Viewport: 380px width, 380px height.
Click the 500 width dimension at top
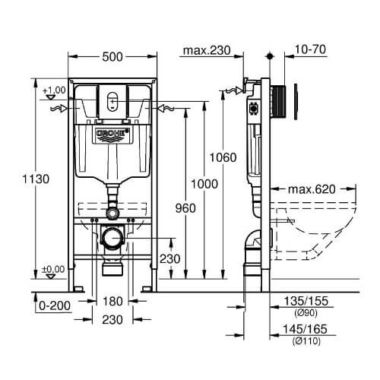click(x=112, y=57)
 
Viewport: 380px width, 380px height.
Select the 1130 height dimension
click(x=36, y=179)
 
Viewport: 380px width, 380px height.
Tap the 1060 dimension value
click(x=223, y=157)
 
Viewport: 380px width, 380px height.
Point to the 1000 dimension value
click(x=204, y=184)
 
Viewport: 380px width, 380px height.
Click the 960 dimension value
click(x=185, y=208)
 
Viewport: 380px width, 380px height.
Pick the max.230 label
click(x=207, y=50)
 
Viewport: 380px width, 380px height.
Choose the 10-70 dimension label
click(x=310, y=49)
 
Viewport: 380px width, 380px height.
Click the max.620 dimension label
click(x=312, y=189)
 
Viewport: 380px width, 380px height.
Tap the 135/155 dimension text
click(x=306, y=301)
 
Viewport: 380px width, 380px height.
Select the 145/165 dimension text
click(x=305, y=329)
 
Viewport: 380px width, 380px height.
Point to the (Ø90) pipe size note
click(x=306, y=313)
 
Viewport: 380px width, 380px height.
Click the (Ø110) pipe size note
click(x=306, y=341)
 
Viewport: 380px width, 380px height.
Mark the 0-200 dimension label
click(x=55, y=306)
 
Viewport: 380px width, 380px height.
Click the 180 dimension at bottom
click(x=112, y=301)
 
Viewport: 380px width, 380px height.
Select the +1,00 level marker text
click(x=54, y=90)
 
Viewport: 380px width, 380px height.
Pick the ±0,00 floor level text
click(x=53, y=269)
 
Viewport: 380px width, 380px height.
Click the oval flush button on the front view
click(x=112, y=101)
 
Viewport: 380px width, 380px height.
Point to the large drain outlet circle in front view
click(x=112, y=238)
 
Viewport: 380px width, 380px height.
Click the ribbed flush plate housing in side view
click(x=278, y=101)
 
